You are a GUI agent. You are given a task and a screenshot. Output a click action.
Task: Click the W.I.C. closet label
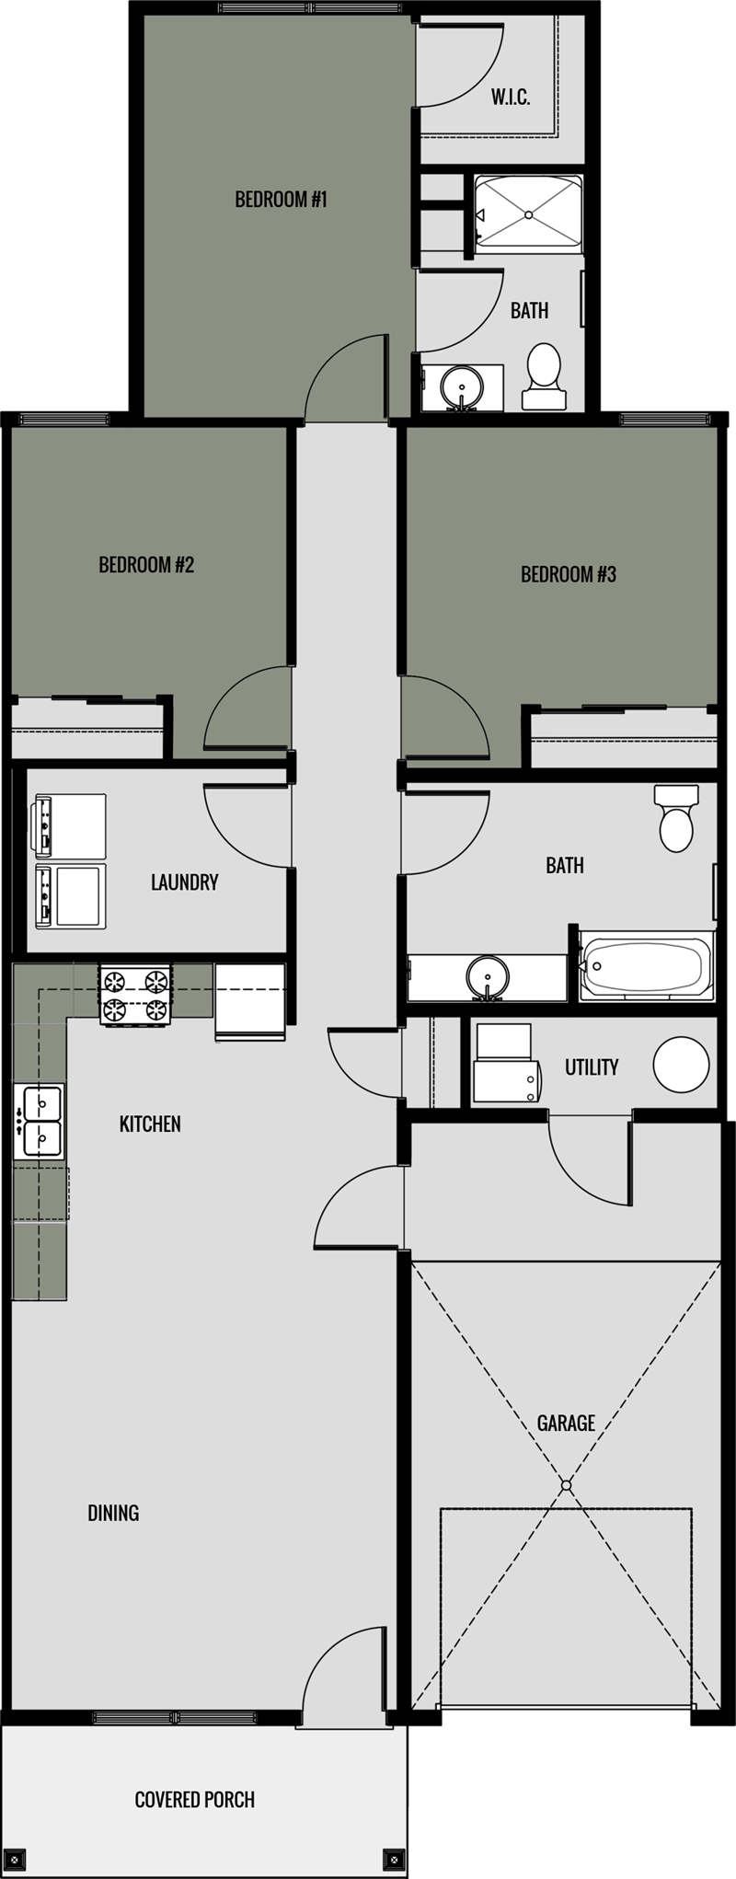click(511, 98)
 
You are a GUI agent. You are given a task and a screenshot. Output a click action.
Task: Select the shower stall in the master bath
click(529, 213)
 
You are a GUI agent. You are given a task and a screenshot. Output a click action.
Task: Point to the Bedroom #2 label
click(146, 564)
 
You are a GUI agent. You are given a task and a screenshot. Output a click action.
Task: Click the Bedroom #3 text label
click(568, 574)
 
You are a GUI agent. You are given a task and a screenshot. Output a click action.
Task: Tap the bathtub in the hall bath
click(646, 966)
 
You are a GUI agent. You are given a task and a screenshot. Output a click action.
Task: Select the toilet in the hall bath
click(676, 819)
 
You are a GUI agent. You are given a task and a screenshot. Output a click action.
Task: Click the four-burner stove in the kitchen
click(136, 995)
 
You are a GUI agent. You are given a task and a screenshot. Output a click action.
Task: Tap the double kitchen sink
click(38, 1121)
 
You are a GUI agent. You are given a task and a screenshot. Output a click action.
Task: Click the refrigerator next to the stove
click(249, 1001)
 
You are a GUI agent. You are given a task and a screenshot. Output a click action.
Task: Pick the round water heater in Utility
click(681, 1065)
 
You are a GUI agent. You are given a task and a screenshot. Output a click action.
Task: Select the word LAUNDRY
click(184, 882)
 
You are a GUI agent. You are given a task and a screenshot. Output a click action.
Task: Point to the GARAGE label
click(566, 1423)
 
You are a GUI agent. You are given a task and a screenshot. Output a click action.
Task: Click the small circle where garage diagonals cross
click(567, 1485)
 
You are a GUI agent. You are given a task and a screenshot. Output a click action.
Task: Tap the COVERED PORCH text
click(194, 1799)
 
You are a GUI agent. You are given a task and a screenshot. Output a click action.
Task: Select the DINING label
click(113, 1512)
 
